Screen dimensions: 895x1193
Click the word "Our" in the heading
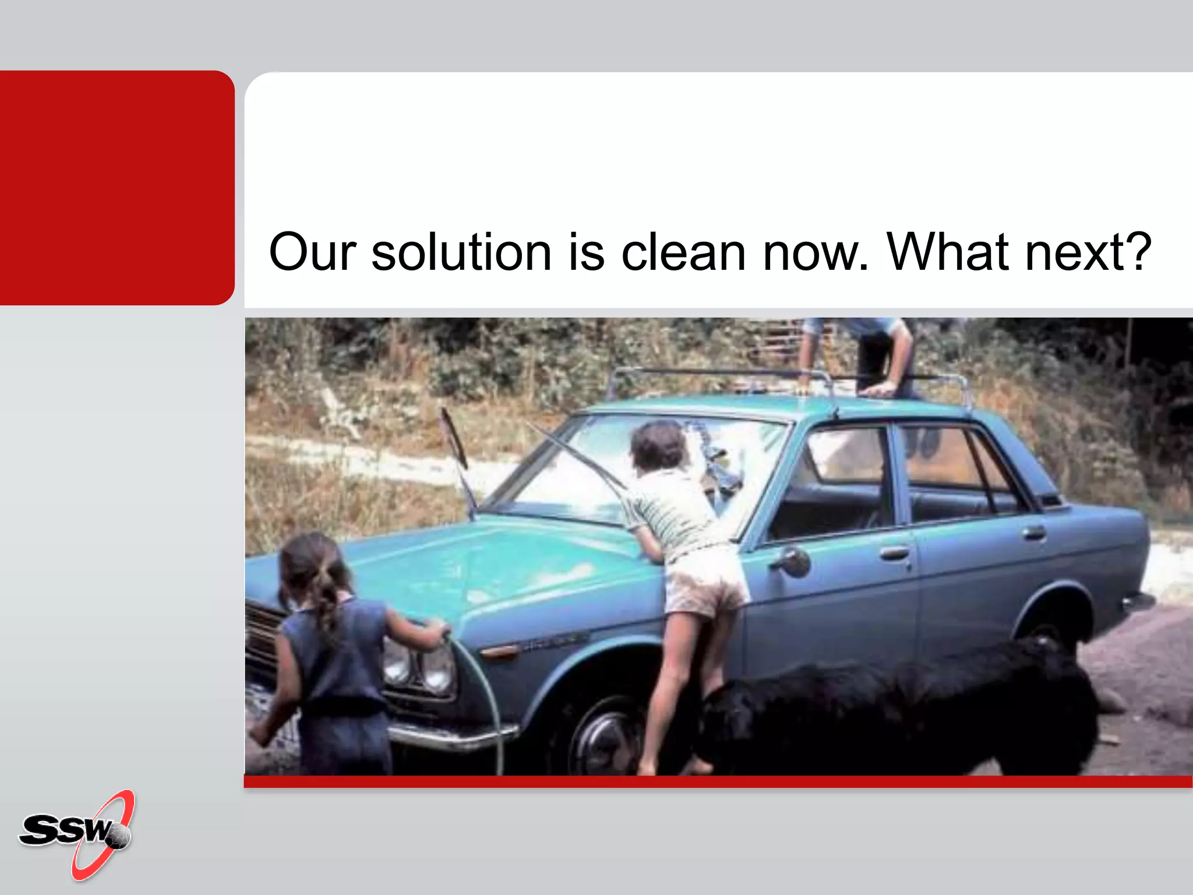pos(312,252)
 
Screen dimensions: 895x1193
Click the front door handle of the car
pos(894,552)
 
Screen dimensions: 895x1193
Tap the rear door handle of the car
pos(1034,532)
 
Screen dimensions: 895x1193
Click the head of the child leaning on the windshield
pos(658,446)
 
